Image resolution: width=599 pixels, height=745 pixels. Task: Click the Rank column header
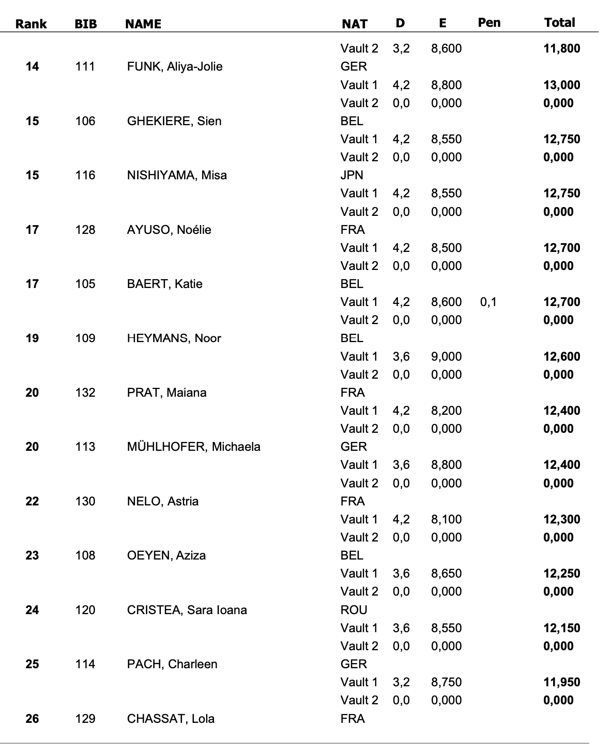[x=31, y=24]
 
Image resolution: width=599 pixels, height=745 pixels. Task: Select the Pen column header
[x=489, y=23]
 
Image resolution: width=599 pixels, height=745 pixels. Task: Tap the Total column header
[x=559, y=23]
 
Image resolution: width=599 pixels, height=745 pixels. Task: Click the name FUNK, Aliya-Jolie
[x=175, y=66]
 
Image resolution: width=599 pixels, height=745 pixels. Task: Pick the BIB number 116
[x=85, y=175]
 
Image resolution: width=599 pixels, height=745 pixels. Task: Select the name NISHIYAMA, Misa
[x=177, y=175]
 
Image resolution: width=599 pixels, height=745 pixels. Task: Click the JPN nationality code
[x=352, y=175]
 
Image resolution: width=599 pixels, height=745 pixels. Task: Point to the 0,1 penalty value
[x=488, y=302]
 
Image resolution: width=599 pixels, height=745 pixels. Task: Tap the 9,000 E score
[x=446, y=357]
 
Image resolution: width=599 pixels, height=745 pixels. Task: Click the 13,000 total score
[x=561, y=85]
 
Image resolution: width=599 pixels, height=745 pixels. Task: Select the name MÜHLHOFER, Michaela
[x=193, y=447]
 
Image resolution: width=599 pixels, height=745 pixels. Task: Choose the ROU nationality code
[x=354, y=610]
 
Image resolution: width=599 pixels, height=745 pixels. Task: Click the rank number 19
[x=32, y=338]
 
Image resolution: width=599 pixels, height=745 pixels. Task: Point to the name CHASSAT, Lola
[x=171, y=719]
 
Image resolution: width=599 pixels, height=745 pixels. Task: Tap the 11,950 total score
[x=561, y=682]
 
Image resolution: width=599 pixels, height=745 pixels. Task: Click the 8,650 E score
[x=446, y=573]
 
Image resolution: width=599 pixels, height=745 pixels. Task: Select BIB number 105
[x=85, y=284]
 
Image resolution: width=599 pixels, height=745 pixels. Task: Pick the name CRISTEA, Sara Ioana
[x=187, y=610]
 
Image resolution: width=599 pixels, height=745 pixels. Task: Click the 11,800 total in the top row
[x=561, y=48]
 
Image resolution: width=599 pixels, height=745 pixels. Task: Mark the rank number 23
[x=32, y=555]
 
